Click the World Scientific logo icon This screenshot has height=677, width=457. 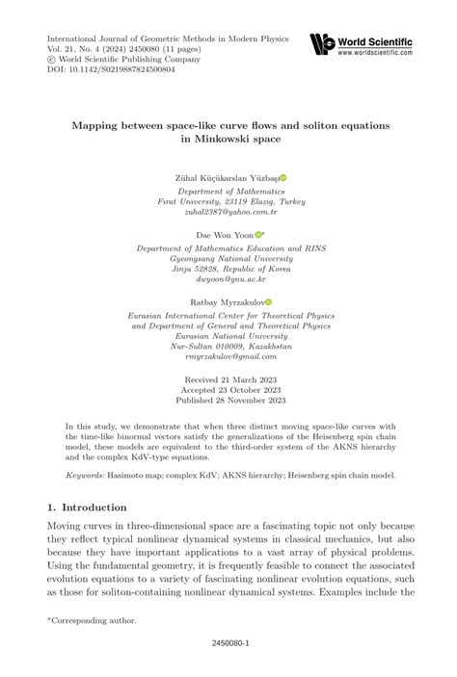322,41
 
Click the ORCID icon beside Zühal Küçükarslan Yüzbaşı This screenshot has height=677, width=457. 283,178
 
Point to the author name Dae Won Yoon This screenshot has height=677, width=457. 223,234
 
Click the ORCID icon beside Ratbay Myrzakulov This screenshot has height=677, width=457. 269,300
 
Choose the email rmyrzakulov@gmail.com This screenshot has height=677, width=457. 228,355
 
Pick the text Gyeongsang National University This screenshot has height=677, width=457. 228,256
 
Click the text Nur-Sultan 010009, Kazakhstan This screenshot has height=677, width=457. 228,344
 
